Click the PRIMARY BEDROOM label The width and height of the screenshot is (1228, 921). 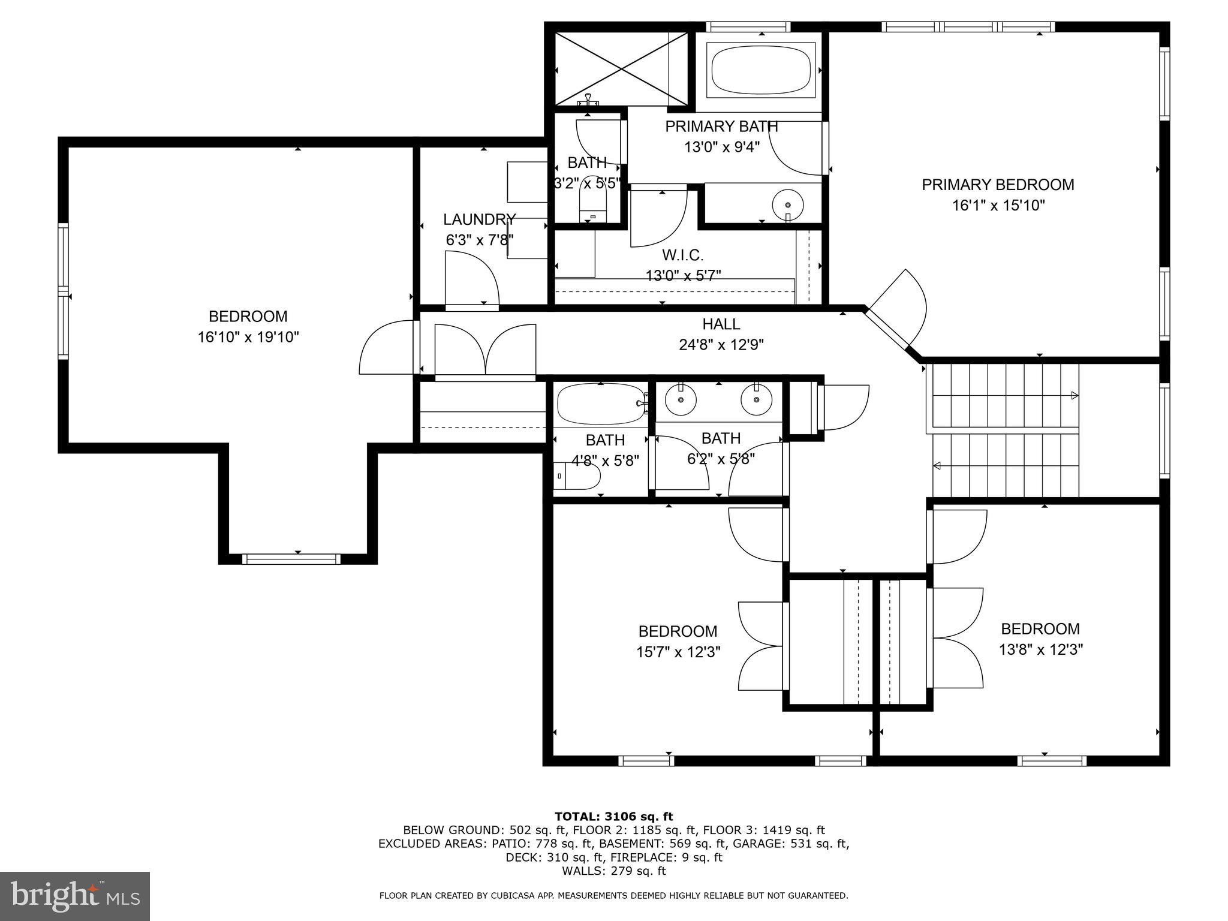pos(998,185)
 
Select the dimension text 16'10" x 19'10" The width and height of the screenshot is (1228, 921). pos(248,337)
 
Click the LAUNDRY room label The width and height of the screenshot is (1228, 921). pos(479,219)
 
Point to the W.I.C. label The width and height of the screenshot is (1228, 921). pos(683,255)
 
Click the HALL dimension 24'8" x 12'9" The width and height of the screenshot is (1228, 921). pos(721,345)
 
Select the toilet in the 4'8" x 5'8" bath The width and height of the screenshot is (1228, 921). pos(579,477)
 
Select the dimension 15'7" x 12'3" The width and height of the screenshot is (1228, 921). pos(678,652)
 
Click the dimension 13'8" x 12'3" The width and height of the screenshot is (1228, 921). pos(1040,649)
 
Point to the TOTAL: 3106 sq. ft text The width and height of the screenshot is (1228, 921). pos(613,816)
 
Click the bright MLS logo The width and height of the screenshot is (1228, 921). pos(75,896)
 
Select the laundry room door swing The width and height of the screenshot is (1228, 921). pos(472,279)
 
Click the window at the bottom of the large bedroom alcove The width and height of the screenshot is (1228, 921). pos(291,559)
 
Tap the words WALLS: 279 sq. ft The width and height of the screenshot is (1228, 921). pos(613,871)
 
